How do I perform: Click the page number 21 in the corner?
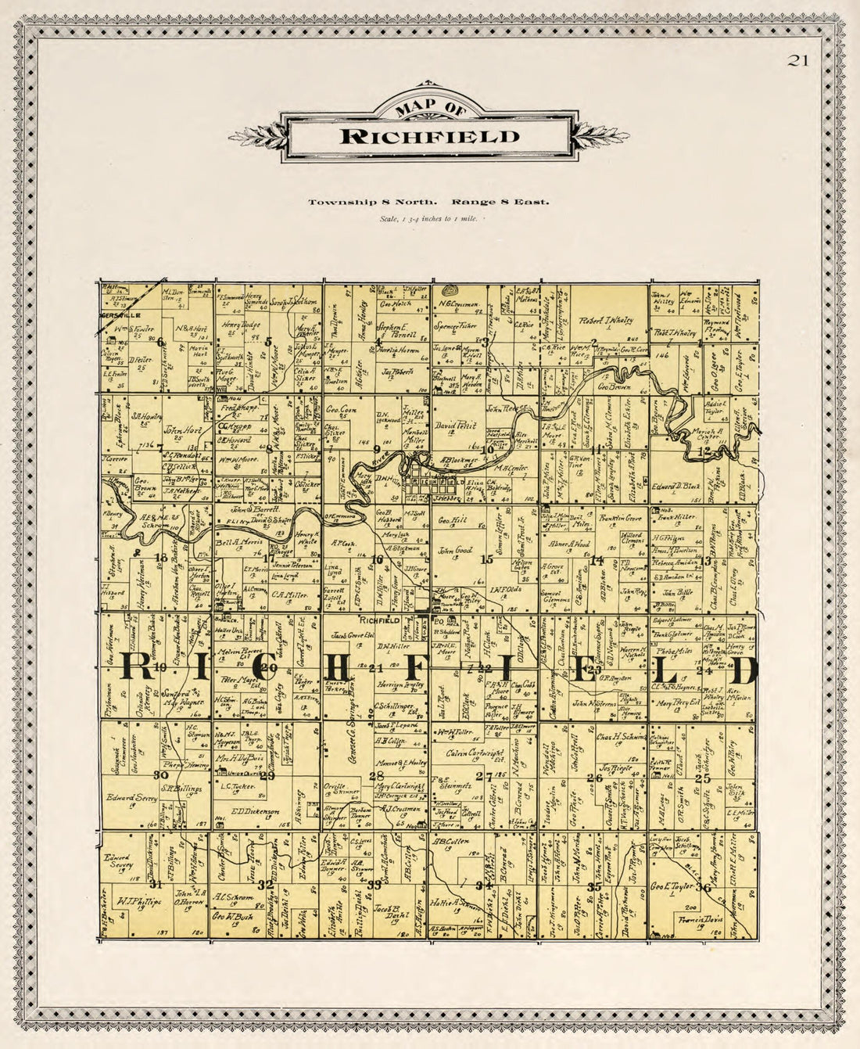pyautogui.click(x=798, y=61)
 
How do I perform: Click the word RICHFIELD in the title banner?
pyautogui.click(x=429, y=136)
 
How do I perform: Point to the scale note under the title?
pyautogui.click(x=428, y=218)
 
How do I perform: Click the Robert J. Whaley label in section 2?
pyautogui.click(x=608, y=320)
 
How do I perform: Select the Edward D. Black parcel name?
pyautogui.click(x=675, y=485)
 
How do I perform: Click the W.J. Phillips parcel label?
pyautogui.click(x=134, y=900)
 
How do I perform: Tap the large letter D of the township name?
pyautogui.click(x=744, y=670)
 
